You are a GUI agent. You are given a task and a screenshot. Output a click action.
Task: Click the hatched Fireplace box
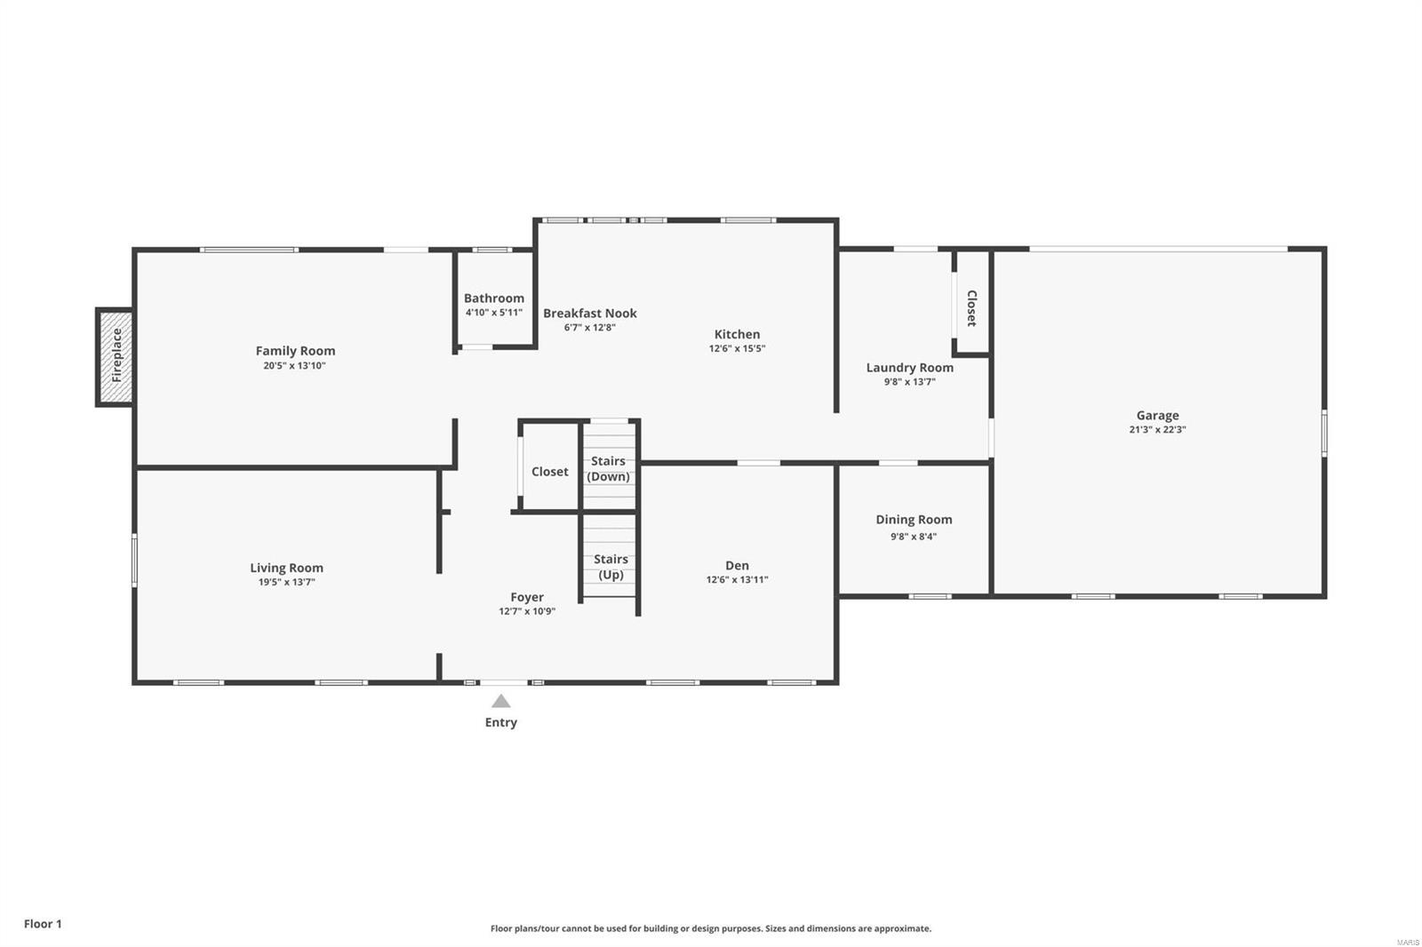point(116,357)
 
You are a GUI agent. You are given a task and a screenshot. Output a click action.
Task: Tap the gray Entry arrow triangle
point(501,702)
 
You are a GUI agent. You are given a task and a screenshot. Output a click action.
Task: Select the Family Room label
point(295,351)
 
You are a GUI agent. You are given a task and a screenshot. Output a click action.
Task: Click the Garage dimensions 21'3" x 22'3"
point(1157,430)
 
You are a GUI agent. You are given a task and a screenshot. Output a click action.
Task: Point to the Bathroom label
point(494,298)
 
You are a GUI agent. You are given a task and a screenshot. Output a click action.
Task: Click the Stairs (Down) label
point(609,469)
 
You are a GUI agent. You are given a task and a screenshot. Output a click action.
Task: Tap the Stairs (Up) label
point(611,567)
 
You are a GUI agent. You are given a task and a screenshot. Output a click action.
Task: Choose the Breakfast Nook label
point(590,313)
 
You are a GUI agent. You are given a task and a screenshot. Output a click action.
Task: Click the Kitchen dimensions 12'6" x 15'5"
point(737,349)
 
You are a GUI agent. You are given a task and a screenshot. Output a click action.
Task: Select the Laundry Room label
point(909,368)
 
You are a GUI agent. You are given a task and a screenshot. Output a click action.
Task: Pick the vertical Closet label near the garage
point(971,308)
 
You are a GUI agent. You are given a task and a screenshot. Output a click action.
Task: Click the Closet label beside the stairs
point(549,472)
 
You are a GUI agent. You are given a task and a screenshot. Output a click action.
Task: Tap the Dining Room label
point(914,520)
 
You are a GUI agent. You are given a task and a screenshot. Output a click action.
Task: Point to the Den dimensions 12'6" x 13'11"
point(737,580)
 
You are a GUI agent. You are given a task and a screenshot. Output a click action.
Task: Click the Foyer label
point(527,597)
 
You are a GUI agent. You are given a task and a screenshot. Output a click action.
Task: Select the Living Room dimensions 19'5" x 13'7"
point(286,583)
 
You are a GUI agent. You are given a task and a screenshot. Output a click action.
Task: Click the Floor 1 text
point(43,924)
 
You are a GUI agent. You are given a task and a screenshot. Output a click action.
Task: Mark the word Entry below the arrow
point(501,722)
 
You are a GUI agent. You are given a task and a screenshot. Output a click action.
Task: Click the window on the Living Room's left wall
point(135,560)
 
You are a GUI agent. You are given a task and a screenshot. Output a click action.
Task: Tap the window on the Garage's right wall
point(1323,433)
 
